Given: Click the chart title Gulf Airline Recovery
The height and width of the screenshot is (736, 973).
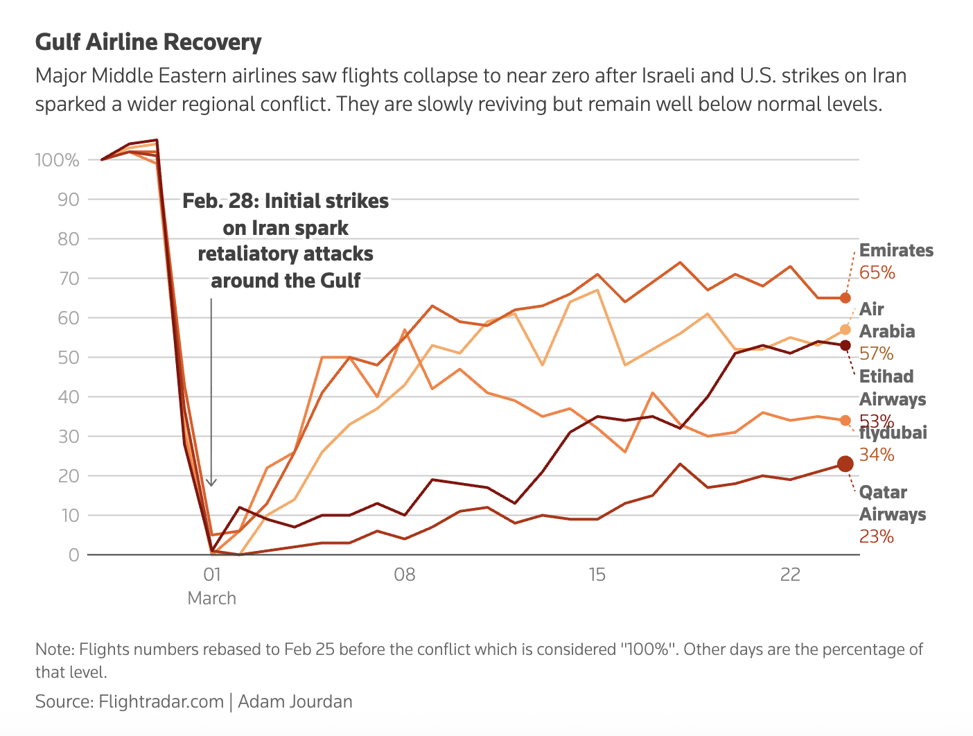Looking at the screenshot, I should (148, 42).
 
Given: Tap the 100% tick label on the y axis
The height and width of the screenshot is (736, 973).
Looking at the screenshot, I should (58, 160).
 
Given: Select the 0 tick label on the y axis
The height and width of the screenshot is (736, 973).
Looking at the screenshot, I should (73, 555).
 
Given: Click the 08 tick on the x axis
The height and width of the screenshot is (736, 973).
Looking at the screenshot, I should (404, 575).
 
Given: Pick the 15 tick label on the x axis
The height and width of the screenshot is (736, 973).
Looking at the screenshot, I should (597, 575).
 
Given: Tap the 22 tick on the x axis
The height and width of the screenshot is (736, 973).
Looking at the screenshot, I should (789, 575).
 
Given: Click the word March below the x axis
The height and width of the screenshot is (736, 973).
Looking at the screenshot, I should (211, 598).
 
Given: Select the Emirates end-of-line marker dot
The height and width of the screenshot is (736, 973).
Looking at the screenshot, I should (845, 298).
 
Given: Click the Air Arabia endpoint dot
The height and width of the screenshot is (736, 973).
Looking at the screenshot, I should (845, 330).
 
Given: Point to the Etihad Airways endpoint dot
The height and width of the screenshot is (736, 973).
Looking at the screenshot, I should (845, 345).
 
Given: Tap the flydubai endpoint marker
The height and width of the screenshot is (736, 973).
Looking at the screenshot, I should (845, 421).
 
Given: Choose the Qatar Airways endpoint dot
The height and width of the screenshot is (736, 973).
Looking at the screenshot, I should (845, 464).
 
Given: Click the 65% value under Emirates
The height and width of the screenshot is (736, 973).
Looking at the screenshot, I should (877, 272).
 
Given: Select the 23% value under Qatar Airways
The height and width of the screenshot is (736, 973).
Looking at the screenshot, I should (876, 536).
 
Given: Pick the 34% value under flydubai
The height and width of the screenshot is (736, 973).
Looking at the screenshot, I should (876, 455).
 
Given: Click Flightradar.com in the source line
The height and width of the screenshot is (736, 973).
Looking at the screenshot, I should (161, 701).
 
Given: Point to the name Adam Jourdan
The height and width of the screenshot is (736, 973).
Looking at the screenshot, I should (295, 701).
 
